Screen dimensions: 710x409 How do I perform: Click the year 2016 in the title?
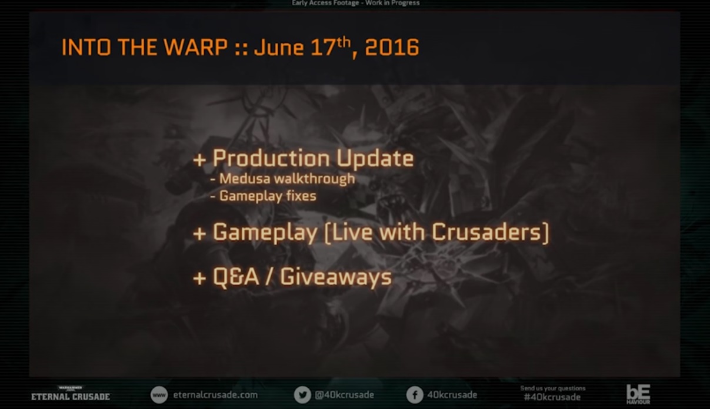tap(392, 48)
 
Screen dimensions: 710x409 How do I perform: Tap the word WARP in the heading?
tap(195, 48)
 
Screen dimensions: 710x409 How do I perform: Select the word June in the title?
tap(279, 48)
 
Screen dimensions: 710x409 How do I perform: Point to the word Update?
tap(375, 158)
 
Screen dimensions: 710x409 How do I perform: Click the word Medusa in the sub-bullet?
tap(245, 179)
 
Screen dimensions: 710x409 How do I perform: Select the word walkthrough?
tap(315, 179)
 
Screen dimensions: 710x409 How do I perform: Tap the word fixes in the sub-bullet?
tap(301, 196)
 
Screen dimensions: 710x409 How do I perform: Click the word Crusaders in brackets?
tap(486, 232)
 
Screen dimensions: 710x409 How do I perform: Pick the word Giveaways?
tap(336, 277)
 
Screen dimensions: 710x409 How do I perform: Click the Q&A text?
tap(236, 277)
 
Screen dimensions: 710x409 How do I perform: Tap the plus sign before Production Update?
tap(199, 160)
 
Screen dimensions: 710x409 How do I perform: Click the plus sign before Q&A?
tap(199, 279)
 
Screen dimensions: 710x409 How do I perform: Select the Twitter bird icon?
tap(302, 395)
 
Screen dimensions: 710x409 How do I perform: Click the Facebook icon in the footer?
tap(415, 395)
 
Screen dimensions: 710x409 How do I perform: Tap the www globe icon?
tap(159, 395)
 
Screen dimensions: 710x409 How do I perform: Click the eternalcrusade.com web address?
tap(215, 395)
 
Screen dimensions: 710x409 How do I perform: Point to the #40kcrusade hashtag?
tap(552, 397)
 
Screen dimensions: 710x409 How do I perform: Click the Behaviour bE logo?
tap(638, 394)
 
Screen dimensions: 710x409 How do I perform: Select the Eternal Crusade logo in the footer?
tap(71, 394)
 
